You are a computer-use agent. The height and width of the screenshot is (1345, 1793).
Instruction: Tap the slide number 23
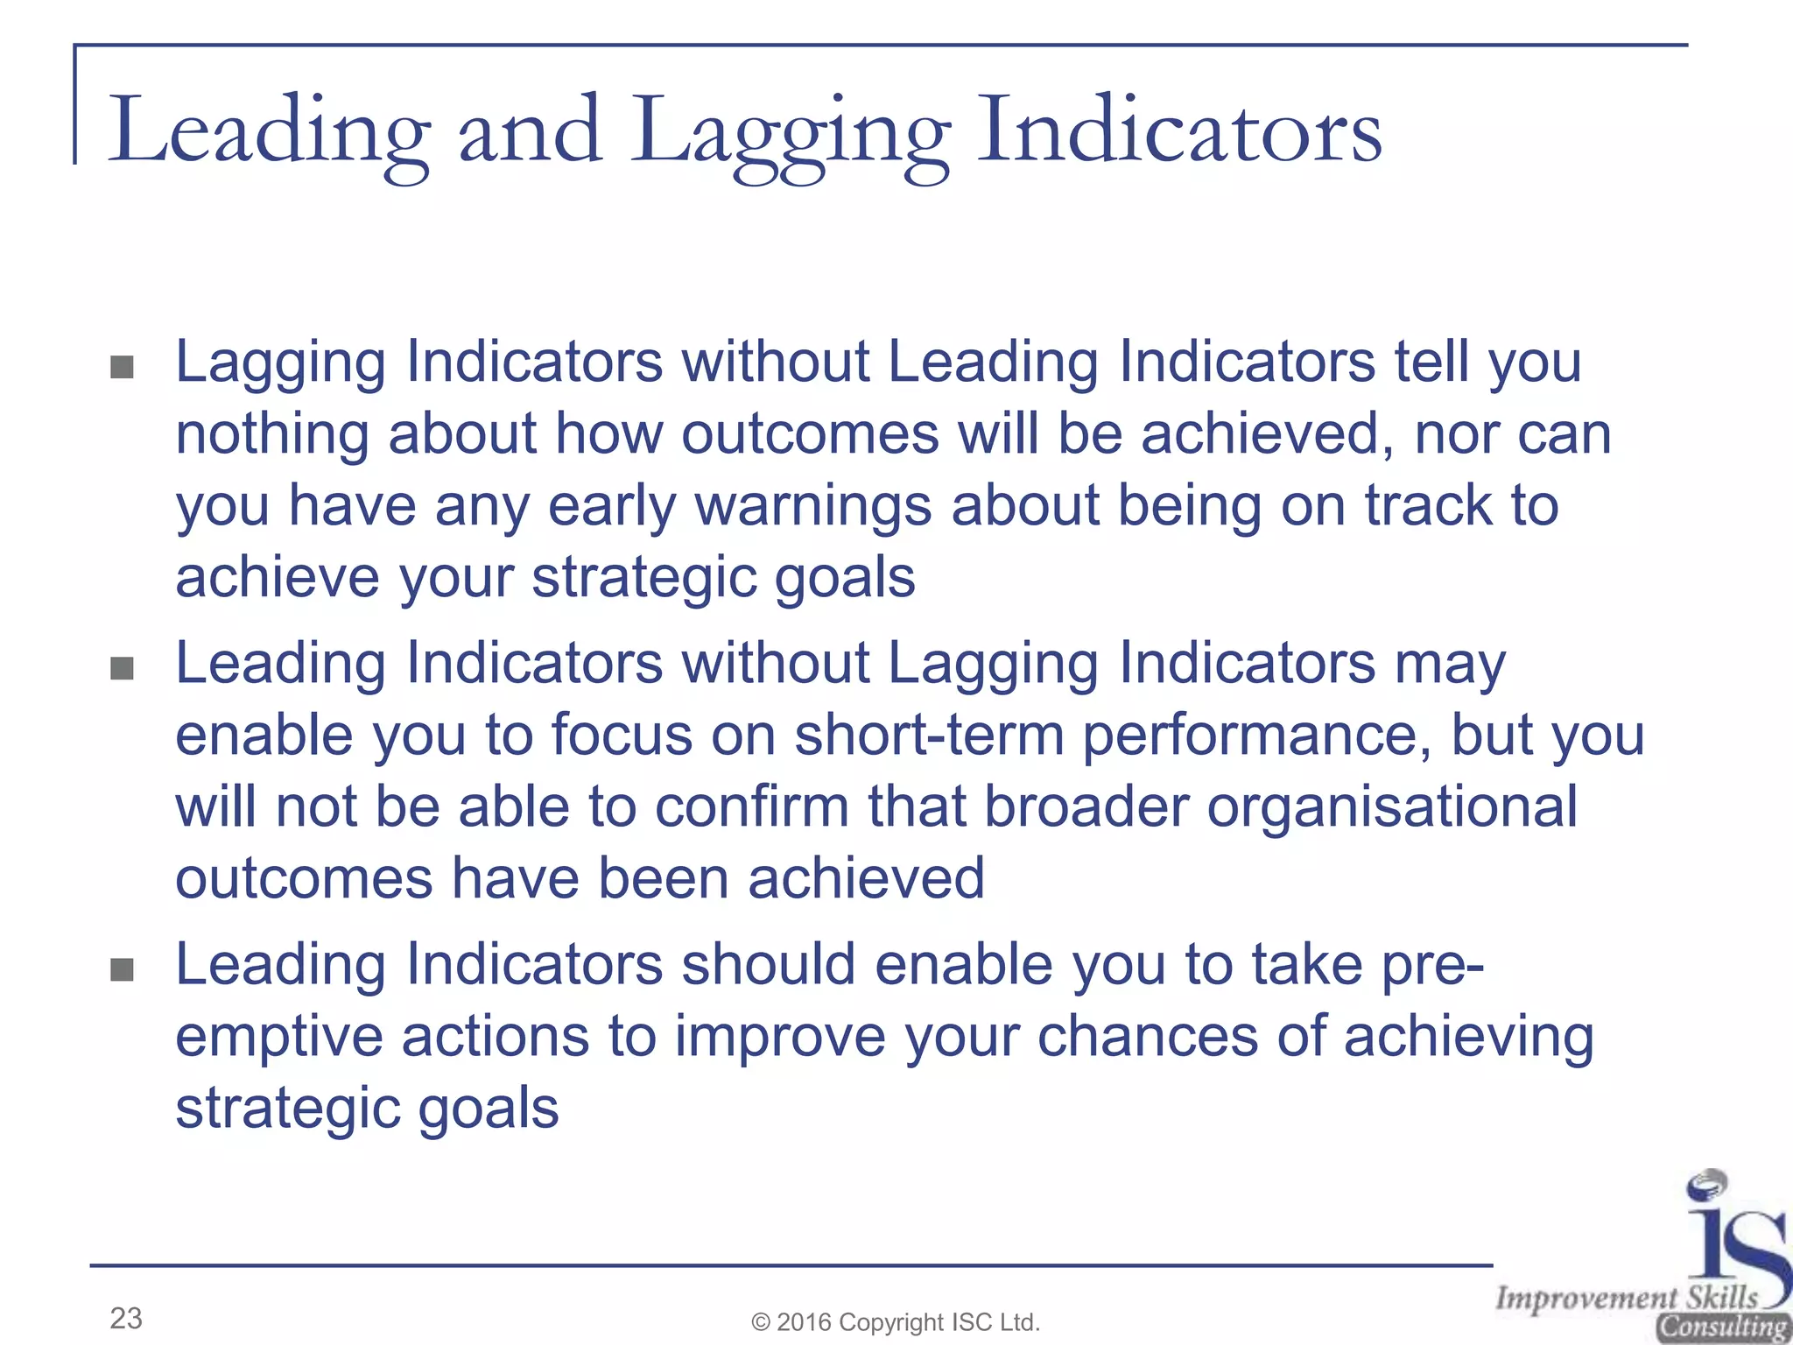(126, 1318)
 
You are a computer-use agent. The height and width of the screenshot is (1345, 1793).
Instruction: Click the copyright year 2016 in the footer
(805, 1322)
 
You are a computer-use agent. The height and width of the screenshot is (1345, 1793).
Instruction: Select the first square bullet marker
(123, 367)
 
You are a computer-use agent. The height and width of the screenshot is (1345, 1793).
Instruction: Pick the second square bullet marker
(123, 669)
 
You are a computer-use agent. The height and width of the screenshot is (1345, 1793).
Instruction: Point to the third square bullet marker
(123, 969)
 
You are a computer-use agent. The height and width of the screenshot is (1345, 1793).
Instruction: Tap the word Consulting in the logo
(1721, 1327)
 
